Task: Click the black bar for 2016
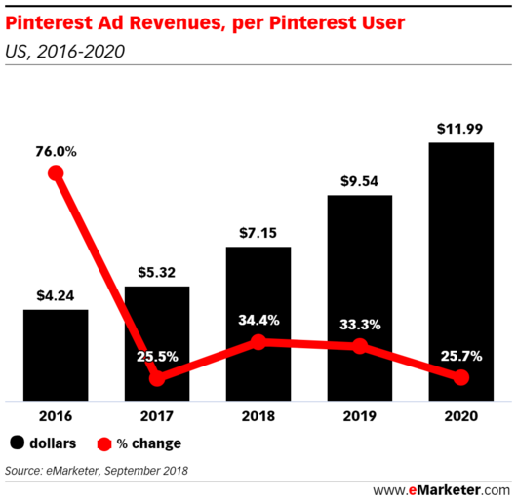tap(56, 355)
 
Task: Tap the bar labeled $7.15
tap(258, 323)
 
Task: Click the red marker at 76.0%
tap(56, 173)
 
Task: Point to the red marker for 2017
tap(157, 378)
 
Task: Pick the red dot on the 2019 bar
tap(360, 346)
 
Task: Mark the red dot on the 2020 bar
tap(460, 378)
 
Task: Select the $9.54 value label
tap(360, 182)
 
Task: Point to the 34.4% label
tap(258, 320)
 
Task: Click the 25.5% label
tap(157, 357)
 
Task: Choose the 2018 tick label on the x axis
tap(258, 416)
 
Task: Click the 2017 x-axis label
tap(157, 416)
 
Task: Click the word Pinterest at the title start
tap(48, 19)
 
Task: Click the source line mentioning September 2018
tap(97, 471)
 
